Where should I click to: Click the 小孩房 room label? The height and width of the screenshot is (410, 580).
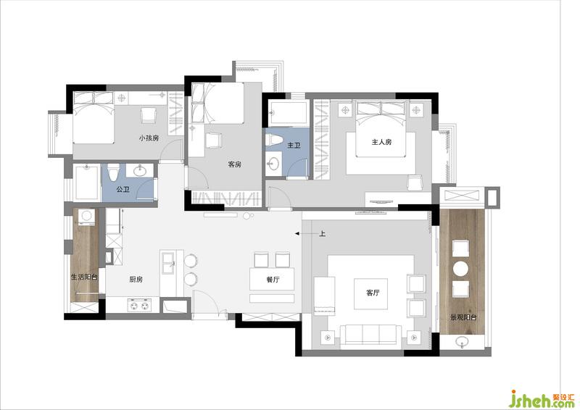click(149, 138)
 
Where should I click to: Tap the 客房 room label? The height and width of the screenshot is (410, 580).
click(234, 164)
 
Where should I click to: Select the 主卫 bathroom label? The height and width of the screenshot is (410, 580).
click(294, 146)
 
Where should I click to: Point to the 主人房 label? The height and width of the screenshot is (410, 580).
click(381, 142)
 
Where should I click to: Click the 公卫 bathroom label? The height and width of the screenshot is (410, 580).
click(123, 190)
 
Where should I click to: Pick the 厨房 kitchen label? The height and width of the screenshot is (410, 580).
click(136, 280)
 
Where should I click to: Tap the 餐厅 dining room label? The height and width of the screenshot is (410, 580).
click(273, 280)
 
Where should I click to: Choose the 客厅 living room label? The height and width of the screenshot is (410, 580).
click(373, 293)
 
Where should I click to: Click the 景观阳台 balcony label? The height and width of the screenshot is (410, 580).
click(463, 317)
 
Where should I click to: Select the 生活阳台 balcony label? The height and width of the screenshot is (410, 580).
click(84, 277)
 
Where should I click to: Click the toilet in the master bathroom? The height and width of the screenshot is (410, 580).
click(274, 140)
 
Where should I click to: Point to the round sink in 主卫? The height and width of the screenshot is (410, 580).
click(274, 164)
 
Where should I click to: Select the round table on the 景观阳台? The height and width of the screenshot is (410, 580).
click(461, 269)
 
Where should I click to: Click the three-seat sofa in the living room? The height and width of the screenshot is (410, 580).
click(371, 335)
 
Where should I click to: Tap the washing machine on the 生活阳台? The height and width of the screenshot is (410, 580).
click(87, 217)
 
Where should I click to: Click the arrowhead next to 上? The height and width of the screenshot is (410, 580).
click(297, 234)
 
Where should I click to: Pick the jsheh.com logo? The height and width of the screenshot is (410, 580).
click(542, 398)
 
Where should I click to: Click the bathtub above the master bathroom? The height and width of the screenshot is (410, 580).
click(288, 113)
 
